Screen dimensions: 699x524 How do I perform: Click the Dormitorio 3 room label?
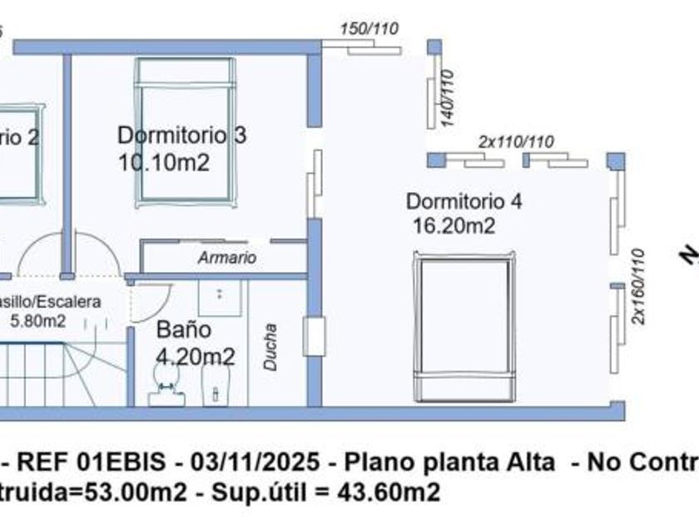click(x=181, y=135)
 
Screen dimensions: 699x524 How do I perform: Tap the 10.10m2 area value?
click(x=163, y=162)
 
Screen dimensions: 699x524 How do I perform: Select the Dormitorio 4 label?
click(x=464, y=201)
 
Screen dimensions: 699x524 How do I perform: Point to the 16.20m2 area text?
click(x=454, y=225)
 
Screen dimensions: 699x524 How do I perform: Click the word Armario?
click(x=227, y=258)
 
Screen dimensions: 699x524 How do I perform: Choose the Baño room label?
click(x=184, y=330)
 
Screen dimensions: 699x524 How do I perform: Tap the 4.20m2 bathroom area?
click(x=195, y=358)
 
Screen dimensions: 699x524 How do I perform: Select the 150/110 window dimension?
click(x=369, y=29)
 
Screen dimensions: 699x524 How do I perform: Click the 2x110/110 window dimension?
click(x=516, y=141)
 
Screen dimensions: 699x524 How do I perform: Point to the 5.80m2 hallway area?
click(x=38, y=319)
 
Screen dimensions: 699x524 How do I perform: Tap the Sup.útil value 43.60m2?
click(x=387, y=492)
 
